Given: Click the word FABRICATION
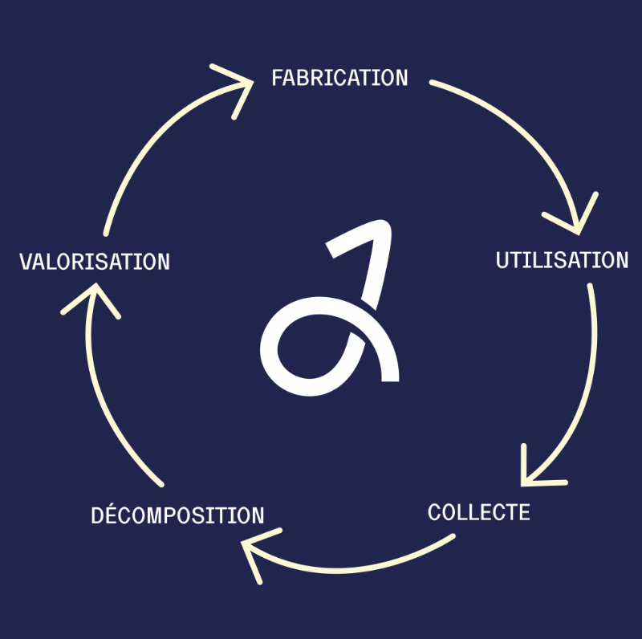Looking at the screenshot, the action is pos(339,78).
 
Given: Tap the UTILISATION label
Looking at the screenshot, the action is pos(562,260).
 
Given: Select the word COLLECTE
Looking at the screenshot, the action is pos(478,512).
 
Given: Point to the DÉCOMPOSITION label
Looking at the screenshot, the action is pos(177,514).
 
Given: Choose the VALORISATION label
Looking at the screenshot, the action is pos(95,262).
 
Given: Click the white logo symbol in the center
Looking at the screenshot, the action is pos(330,308).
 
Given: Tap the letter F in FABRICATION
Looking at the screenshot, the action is pos(277,78).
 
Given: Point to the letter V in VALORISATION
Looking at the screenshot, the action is pos(26,262).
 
